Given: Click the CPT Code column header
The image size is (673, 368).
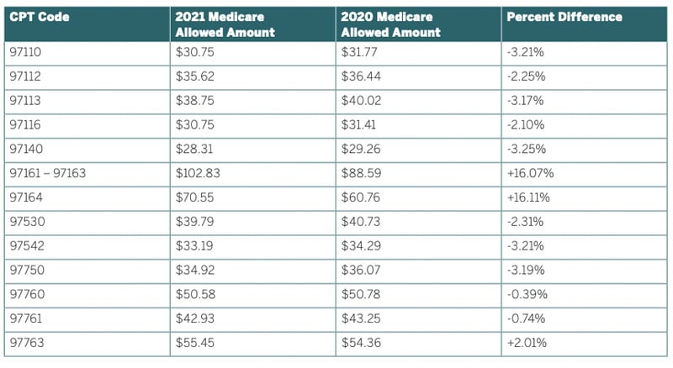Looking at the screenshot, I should [40, 17].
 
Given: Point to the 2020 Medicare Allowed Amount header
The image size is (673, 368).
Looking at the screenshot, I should [391, 24].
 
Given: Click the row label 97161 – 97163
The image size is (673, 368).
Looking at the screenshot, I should [48, 173].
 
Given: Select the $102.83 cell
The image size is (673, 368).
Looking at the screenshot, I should [195, 173].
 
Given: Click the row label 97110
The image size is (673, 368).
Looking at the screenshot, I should [26, 51].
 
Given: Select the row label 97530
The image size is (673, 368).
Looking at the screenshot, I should [26, 222].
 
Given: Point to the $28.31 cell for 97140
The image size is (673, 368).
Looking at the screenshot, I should [192, 150].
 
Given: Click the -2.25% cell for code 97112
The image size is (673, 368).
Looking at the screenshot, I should [527, 76].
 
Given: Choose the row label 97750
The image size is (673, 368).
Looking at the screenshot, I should [26, 271].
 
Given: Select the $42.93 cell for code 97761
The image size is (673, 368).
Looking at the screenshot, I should [192, 319].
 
